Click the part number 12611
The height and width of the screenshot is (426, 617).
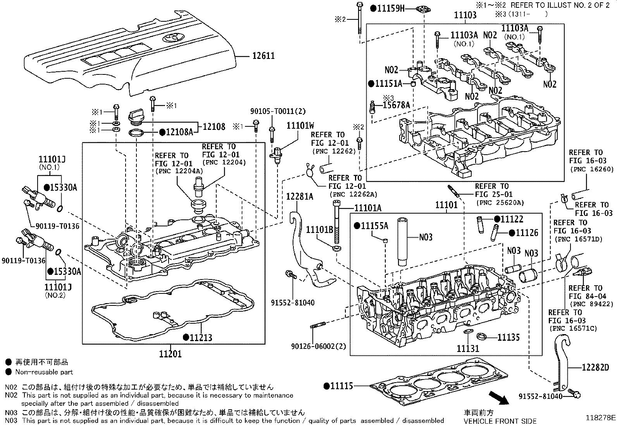click(263, 56)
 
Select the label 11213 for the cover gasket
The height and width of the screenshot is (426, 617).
click(200, 338)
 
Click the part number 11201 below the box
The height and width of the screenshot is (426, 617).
click(170, 354)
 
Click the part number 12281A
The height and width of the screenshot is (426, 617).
click(300, 197)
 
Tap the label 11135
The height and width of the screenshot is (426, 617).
click(508, 337)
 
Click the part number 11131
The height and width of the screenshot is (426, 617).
click(468, 349)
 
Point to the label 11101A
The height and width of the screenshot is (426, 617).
click(368, 208)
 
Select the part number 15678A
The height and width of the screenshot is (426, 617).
click(396, 105)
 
